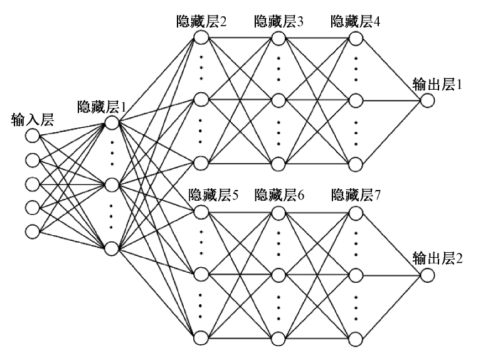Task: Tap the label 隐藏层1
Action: tap(101, 106)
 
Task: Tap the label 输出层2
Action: tap(437, 258)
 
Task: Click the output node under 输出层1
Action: tap(427, 100)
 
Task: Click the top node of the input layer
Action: tap(32, 135)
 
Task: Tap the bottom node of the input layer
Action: tap(32, 230)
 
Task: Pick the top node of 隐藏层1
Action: tap(112, 122)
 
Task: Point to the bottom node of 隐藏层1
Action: tap(112, 248)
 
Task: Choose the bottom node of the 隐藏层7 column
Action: tap(356, 339)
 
